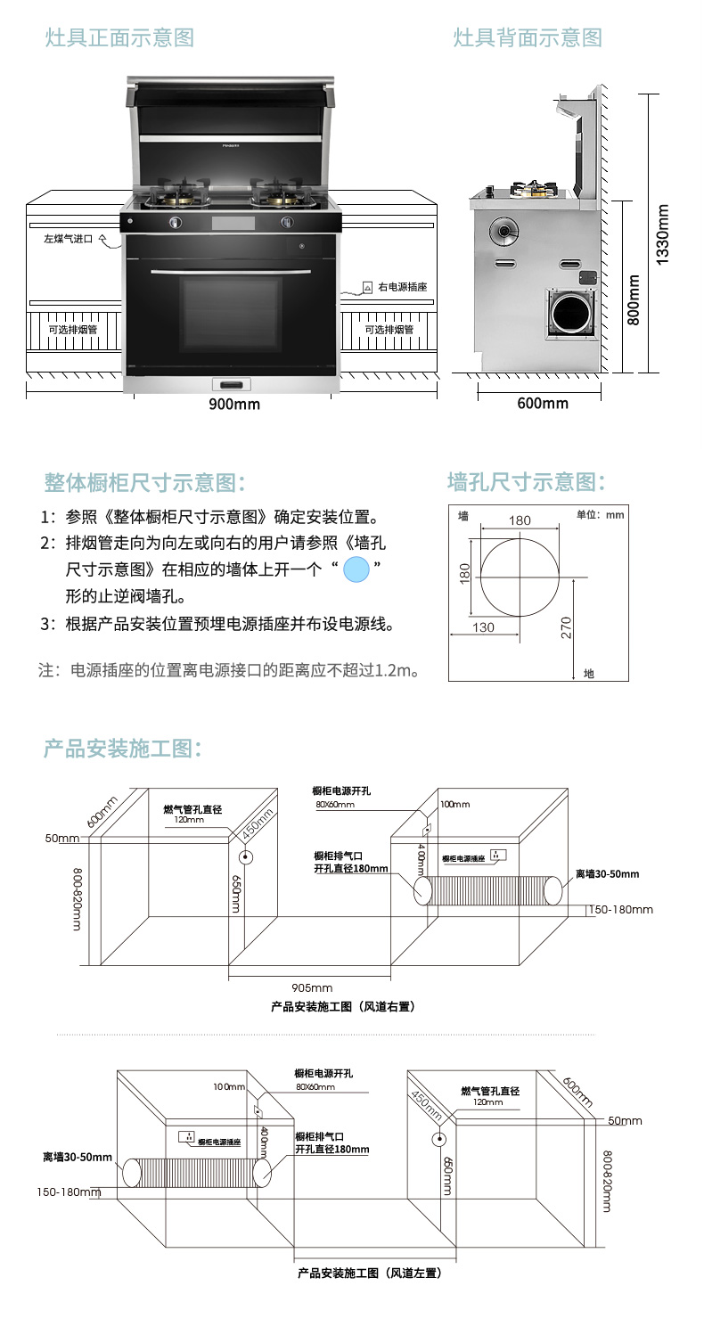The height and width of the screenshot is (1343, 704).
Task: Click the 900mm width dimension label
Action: [x=234, y=404]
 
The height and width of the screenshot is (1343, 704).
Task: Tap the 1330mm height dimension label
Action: [x=662, y=234]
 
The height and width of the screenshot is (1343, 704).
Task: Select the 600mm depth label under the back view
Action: [x=543, y=404]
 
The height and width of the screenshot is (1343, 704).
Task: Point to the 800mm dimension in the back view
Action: [x=634, y=299]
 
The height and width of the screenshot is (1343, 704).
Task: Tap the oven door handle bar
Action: [x=231, y=273]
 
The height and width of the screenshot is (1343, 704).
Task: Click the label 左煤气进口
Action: [x=69, y=239]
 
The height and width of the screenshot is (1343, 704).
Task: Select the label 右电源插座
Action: [x=403, y=287]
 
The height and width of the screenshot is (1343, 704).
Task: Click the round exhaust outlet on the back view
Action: [x=572, y=313]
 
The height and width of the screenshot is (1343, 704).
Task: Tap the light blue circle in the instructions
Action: [x=356, y=569]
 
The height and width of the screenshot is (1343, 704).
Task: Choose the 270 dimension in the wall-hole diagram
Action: [x=566, y=627]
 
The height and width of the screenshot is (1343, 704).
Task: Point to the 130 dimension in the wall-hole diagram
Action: [x=483, y=627]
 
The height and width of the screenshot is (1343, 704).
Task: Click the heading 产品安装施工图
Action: [x=122, y=749]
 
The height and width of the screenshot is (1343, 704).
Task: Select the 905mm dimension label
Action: [x=312, y=987]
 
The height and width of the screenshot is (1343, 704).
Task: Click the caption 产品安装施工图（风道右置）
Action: [x=343, y=1007]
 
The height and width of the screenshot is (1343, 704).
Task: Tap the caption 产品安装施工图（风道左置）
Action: [x=370, y=1273]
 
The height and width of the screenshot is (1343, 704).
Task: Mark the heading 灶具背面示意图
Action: [x=528, y=37]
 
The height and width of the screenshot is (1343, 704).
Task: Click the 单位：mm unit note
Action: [x=601, y=514]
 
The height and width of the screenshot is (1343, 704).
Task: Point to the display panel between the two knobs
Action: [x=233, y=223]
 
